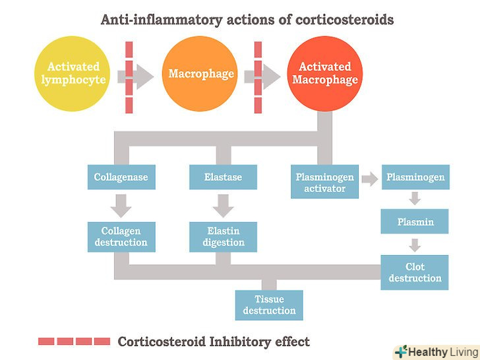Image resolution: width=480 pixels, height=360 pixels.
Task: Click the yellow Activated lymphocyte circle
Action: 73,73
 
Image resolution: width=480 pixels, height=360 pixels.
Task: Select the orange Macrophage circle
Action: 201,73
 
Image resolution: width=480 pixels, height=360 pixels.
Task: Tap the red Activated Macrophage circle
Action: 324,73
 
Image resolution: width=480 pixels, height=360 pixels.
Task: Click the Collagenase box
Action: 121,177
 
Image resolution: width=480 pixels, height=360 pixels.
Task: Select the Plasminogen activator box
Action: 324,182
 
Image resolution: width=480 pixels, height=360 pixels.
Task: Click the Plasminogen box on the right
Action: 415,177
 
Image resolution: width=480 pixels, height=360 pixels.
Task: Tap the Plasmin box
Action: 415,222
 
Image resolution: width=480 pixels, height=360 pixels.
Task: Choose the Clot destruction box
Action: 415,272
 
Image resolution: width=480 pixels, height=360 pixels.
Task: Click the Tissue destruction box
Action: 269,305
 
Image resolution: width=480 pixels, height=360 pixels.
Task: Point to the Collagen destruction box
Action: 121,237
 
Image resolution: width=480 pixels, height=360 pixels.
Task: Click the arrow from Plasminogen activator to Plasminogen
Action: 370,178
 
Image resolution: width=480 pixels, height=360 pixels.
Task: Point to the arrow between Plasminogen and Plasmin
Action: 415,198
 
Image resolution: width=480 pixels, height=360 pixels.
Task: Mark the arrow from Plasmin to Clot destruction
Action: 415,245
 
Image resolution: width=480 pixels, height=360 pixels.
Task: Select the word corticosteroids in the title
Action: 344,20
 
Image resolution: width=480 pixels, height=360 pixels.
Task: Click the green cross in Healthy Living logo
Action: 400,351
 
